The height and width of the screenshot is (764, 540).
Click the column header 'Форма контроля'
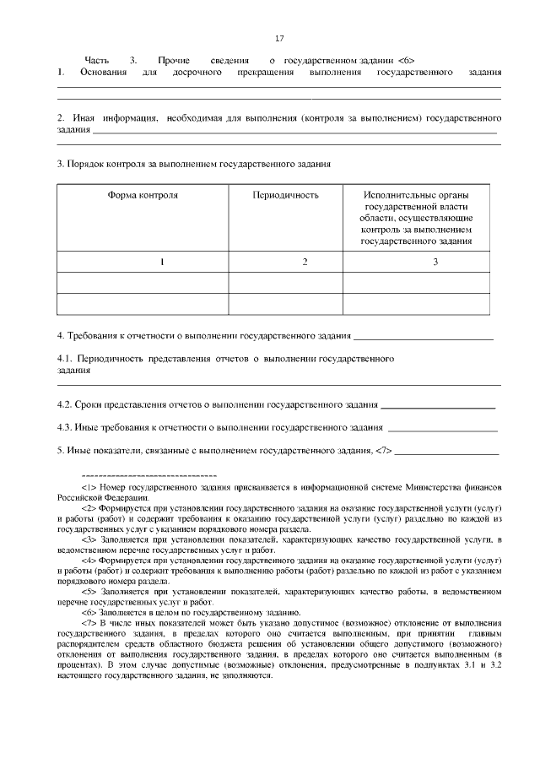pos(143,195)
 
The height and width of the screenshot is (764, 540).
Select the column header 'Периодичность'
pos(285,195)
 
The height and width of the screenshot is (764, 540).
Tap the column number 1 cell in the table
pos(161,262)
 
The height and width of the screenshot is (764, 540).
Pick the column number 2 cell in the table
pos(305,262)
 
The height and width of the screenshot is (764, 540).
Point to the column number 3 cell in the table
pos(435,262)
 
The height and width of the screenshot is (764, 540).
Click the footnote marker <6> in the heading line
pos(405,61)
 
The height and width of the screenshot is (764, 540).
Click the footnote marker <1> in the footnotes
pos(89,488)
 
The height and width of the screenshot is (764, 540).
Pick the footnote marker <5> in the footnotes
pos(89,592)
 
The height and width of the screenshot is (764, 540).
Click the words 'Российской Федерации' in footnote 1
pos(94,497)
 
